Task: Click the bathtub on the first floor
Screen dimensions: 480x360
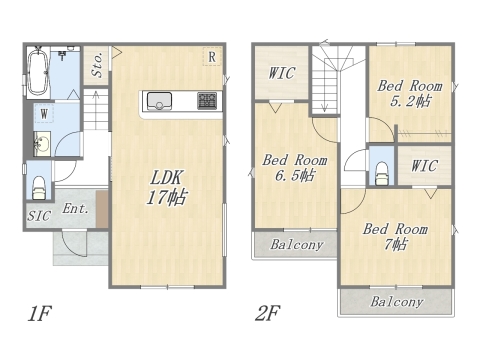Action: (38, 72)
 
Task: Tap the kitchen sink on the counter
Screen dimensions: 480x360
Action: (159, 101)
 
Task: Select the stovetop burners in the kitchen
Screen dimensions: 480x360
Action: (207, 100)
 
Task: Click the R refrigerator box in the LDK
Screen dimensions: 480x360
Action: (212, 57)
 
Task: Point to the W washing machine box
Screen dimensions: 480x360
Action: (44, 113)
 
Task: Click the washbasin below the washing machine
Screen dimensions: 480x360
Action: (42, 144)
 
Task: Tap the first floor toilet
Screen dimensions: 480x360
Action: (39, 188)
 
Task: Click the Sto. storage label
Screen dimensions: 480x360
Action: (97, 65)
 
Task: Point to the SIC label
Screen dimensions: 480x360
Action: (39, 216)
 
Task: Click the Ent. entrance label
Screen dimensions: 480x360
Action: (76, 209)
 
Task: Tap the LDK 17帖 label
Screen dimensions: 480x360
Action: (166, 187)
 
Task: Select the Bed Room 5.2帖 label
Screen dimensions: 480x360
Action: (410, 93)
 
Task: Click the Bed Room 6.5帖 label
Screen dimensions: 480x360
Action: (295, 168)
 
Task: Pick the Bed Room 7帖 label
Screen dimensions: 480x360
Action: (395, 237)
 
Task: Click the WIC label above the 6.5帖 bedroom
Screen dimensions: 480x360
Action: (282, 73)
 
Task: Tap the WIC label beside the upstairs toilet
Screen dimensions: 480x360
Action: (424, 166)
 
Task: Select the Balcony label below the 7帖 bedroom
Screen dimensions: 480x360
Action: (397, 302)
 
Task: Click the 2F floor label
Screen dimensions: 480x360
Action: (268, 313)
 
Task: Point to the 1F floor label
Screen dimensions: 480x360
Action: (39, 313)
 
